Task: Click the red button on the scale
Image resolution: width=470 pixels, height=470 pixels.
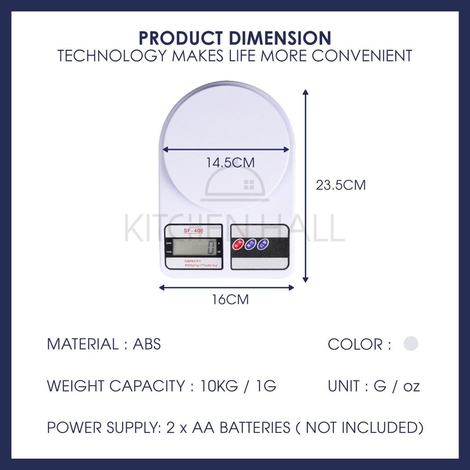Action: click(238, 244)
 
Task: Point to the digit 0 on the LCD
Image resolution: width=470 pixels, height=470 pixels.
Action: click(211, 247)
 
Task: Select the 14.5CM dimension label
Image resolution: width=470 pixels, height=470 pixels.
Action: click(230, 163)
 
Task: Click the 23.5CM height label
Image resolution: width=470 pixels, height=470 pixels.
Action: click(341, 185)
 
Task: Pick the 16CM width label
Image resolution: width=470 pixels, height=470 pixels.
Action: click(230, 300)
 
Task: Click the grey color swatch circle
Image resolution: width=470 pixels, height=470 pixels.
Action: click(411, 343)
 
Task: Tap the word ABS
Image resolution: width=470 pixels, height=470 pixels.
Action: click(147, 344)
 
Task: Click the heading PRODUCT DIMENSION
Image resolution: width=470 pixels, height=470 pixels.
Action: click(235, 38)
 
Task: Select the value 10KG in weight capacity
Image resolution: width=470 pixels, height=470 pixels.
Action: click(219, 386)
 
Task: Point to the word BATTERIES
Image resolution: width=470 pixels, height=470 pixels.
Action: click(255, 428)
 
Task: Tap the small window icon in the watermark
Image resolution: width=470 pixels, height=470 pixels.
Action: click(249, 185)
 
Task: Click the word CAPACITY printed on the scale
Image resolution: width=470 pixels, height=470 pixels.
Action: click(193, 261)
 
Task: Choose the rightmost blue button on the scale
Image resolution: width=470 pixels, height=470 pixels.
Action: click(263, 244)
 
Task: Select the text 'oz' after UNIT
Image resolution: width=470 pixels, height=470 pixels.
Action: click(411, 386)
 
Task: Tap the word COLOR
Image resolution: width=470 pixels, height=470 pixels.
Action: click(355, 344)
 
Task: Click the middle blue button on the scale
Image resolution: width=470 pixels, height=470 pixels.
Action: click(251, 244)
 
